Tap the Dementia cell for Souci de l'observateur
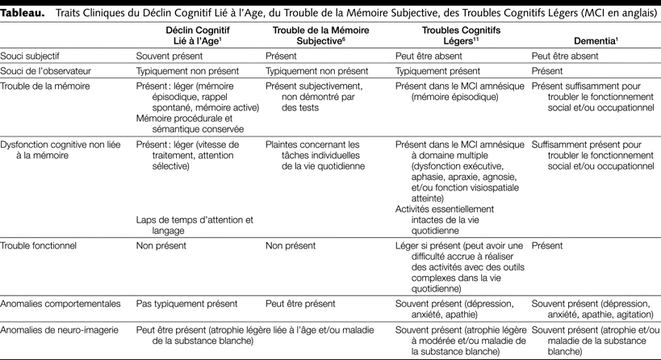click(549, 71)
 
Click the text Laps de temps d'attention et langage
click(194, 224)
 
